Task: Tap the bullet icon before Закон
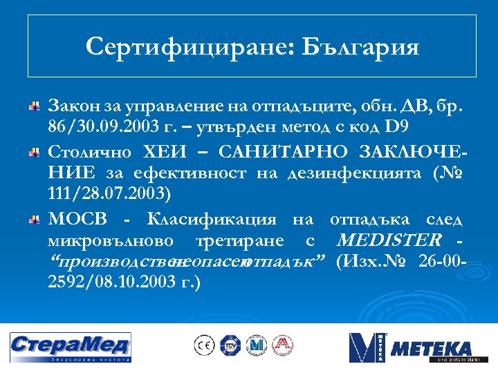click(33, 107)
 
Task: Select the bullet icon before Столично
click(33, 151)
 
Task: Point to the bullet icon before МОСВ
click(33, 219)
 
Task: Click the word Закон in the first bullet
click(70, 107)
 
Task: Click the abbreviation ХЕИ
click(164, 151)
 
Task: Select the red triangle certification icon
click(282, 345)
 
